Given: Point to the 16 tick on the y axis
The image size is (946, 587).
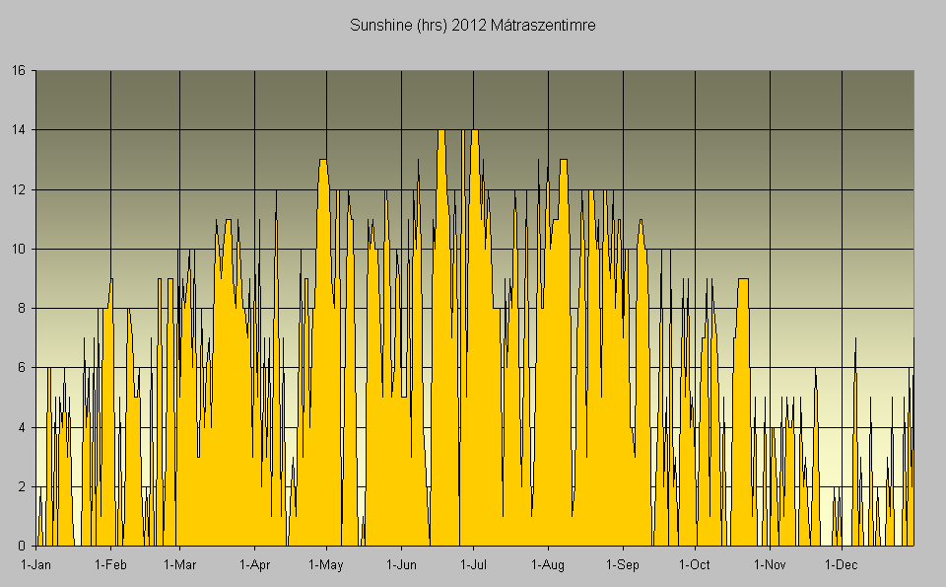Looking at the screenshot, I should (x=18, y=71).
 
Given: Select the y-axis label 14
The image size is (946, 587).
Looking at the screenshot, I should (x=18, y=130).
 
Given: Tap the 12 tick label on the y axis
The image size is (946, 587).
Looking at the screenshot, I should (x=18, y=189).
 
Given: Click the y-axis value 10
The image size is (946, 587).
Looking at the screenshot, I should (x=18, y=249).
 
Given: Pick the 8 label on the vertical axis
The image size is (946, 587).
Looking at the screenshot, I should (x=22, y=308).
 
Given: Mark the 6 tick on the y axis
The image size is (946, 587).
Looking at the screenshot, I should (x=22, y=368).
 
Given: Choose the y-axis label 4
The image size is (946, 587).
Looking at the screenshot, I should (x=22, y=427).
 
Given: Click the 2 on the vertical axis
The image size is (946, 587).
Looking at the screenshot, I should (x=22, y=486).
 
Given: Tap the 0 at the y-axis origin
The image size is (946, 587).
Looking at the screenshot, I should (x=22, y=546).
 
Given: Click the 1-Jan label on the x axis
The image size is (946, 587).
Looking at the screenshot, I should (x=36, y=565).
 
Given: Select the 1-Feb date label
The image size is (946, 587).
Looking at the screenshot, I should (x=110, y=565).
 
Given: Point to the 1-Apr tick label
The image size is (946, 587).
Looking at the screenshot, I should (x=254, y=565).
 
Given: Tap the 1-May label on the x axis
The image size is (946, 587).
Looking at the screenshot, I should (x=326, y=565).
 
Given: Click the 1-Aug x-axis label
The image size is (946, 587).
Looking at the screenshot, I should (x=548, y=565).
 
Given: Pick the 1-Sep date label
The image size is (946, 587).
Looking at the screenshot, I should (x=622, y=565).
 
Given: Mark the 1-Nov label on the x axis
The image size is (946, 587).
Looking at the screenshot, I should (x=770, y=565).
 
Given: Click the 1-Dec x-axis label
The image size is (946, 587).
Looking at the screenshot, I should (x=842, y=565).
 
